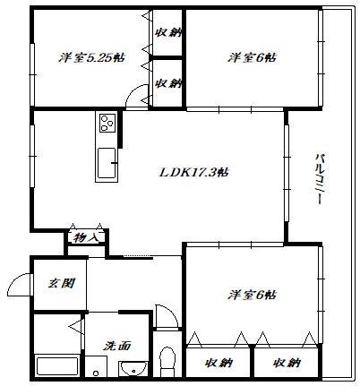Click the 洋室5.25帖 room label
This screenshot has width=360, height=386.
click(91, 57)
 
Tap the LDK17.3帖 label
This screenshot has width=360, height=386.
click(194, 172)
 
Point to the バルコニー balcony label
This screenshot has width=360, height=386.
click(319, 178)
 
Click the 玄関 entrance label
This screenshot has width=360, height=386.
click(61, 283)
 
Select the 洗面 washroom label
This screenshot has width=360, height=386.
click(117, 346)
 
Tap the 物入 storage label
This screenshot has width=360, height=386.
click(86, 237)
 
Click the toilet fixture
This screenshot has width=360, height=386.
click(167, 362)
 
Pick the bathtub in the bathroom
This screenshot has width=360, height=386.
click(56, 366)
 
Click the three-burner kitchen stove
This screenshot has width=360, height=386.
click(107, 123)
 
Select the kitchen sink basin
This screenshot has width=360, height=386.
click(107, 163)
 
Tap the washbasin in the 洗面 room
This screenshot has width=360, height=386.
click(133, 369)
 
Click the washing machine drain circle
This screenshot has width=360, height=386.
click(96, 373)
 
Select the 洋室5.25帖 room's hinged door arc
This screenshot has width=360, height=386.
click(133, 90)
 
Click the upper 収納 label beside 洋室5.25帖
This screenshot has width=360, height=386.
click(168, 32)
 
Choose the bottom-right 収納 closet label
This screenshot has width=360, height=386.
click(287, 363)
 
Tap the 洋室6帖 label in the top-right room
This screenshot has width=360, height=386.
click(252, 57)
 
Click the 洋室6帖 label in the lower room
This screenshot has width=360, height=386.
click(252, 295)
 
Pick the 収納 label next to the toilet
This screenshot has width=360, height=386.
click(219, 363)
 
